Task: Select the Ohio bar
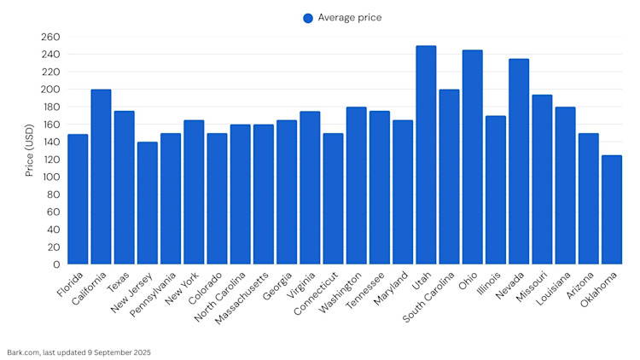pyautogui.click(x=472, y=157)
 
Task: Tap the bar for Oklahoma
pyautogui.click(x=611, y=210)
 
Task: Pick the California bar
pyautogui.click(x=101, y=177)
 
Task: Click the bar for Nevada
pyautogui.click(x=519, y=161)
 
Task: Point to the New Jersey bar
pyautogui.click(x=148, y=203)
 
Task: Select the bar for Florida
pyautogui.click(x=78, y=199)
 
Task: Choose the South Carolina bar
pyautogui.click(x=449, y=177)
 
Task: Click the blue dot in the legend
pyautogui.click(x=308, y=18)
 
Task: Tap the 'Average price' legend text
pyautogui.click(x=349, y=18)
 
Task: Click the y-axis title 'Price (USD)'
pyautogui.click(x=30, y=151)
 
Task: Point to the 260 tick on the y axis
pyautogui.click(x=50, y=37)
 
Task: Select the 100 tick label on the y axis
pyautogui.click(x=50, y=177)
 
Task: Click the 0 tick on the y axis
pyautogui.click(x=56, y=264)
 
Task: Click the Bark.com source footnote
pyautogui.click(x=79, y=351)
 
